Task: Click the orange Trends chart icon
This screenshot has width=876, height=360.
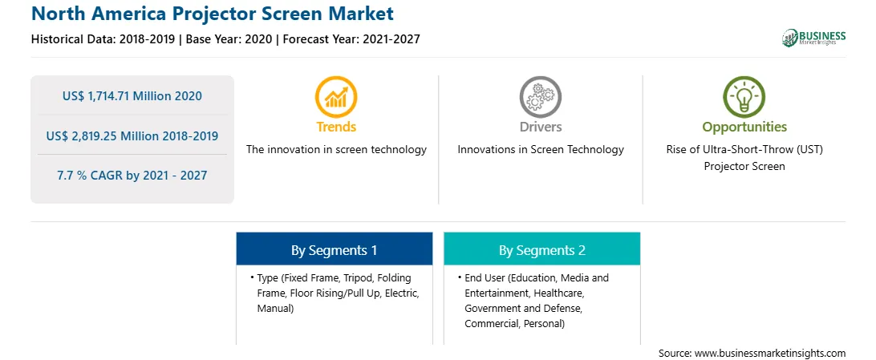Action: tap(336, 96)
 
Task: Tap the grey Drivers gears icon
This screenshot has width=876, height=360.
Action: tap(540, 96)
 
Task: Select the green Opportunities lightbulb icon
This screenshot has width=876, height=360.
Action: tap(744, 96)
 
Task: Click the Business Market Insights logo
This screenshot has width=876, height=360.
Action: tap(814, 38)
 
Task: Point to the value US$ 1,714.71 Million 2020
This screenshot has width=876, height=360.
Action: tap(132, 96)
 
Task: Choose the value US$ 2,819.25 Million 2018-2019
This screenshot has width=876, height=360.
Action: tap(132, 136)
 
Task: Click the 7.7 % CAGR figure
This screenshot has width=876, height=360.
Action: tap(132, 176)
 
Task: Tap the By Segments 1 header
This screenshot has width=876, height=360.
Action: tap(334, 250)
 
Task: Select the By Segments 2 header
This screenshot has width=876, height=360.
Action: tap(542, 250)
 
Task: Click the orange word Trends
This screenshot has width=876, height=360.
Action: tap(336, 127)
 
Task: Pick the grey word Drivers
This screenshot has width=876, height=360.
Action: tap(540, 127)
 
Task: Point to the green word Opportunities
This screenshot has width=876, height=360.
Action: tap(744, 127)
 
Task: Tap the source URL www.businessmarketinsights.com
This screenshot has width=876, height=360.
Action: tap(770, 353)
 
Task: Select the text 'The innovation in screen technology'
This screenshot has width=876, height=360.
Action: tap(336, 150)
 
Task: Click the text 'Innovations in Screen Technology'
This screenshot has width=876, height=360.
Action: tap(541, 150)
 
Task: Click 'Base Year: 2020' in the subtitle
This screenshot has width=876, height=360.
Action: tap(229, 39)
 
